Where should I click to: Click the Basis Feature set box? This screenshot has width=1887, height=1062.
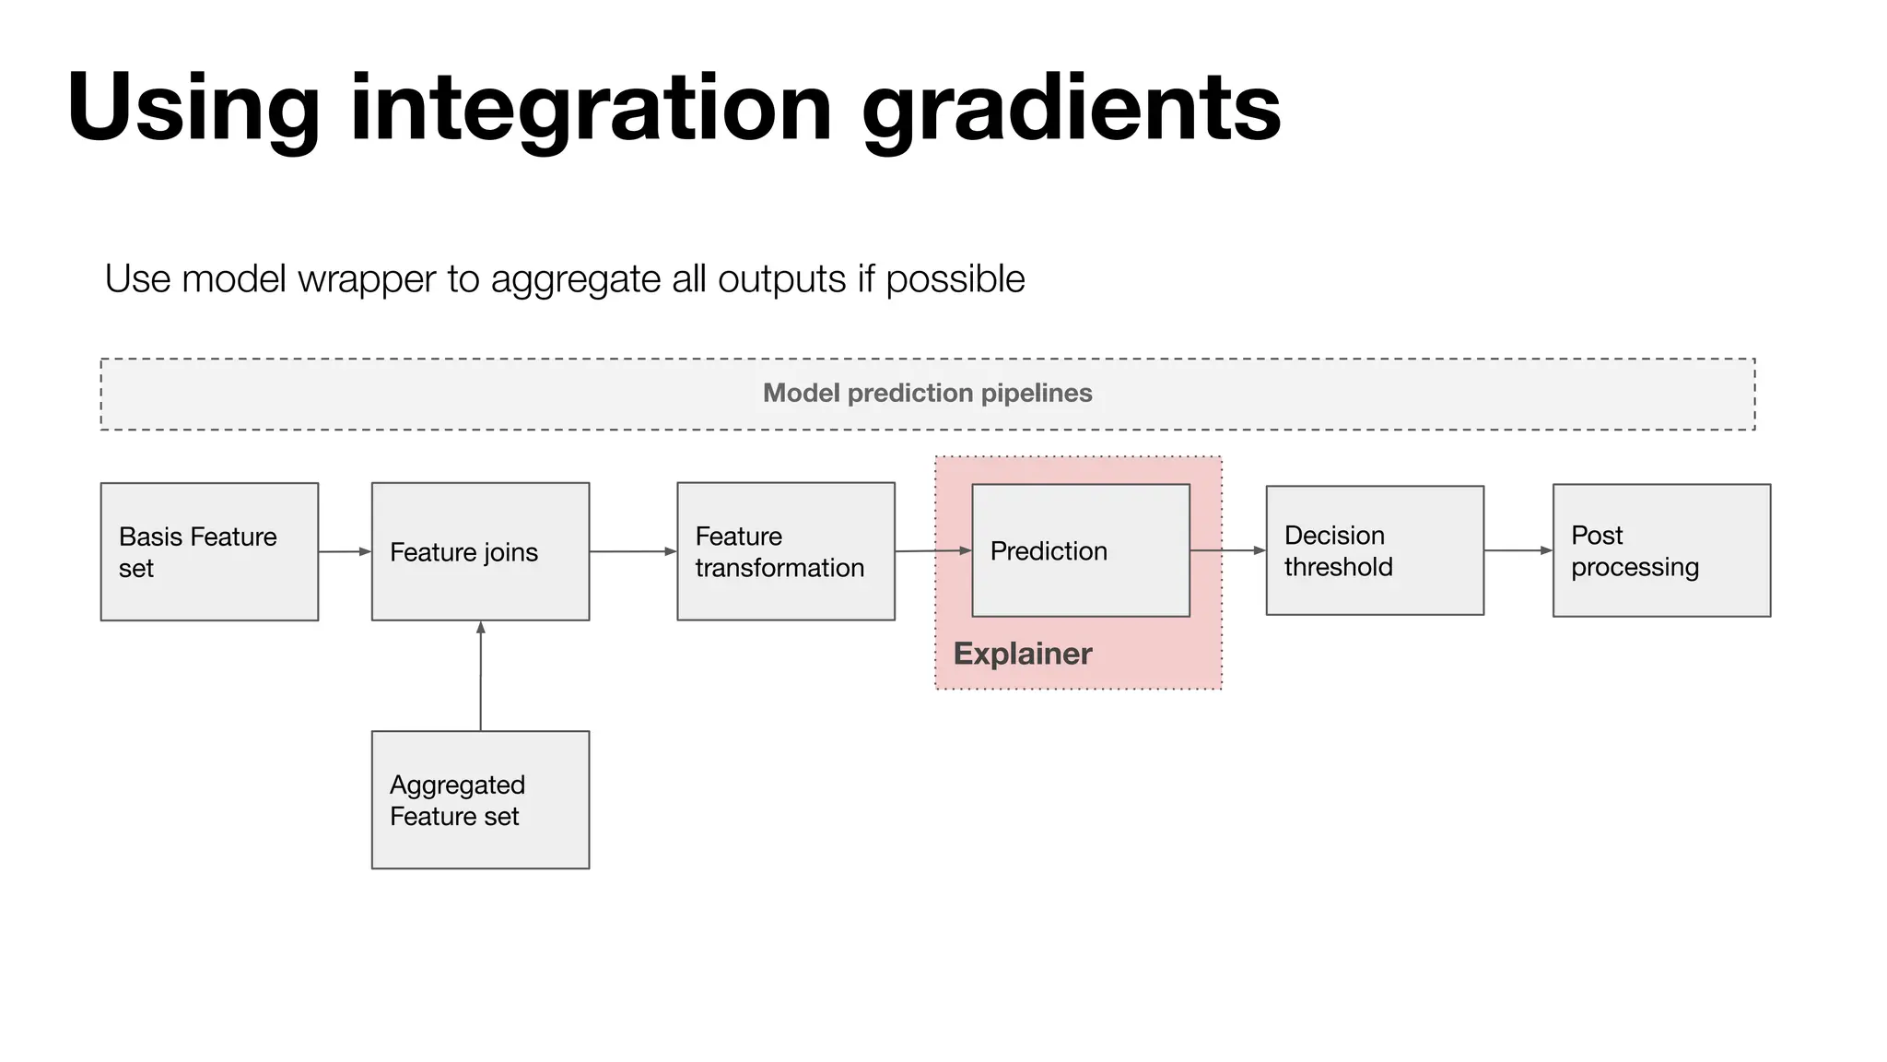pos(209,551)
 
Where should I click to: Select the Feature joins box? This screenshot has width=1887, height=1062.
pos(480,551)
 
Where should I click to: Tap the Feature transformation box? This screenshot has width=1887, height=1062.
pos(785,551)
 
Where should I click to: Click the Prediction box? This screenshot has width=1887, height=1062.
pos(1080,550)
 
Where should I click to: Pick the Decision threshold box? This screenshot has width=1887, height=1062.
pos(1374,550)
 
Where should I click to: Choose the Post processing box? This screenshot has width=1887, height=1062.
pos(1660,550)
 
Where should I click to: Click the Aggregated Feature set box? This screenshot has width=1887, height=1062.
pos(480,799)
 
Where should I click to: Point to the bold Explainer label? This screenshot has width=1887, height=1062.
pos(1022,654)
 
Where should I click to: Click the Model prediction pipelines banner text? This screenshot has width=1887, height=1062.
pos(927,394)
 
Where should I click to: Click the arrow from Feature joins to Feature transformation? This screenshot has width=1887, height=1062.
pos(633,551)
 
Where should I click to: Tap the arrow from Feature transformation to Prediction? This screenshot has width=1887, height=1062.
pos(932,550)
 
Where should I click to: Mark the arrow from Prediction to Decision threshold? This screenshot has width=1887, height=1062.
pos(1227,550)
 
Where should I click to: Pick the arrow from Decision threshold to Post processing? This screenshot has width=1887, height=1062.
pos(1518,550)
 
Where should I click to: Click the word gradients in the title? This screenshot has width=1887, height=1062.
pos(1071,109)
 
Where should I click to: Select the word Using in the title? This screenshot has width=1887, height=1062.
pos(193,109)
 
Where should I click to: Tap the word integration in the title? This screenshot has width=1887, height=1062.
pos(591,109)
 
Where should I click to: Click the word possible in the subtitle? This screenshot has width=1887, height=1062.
pos(955,278)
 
